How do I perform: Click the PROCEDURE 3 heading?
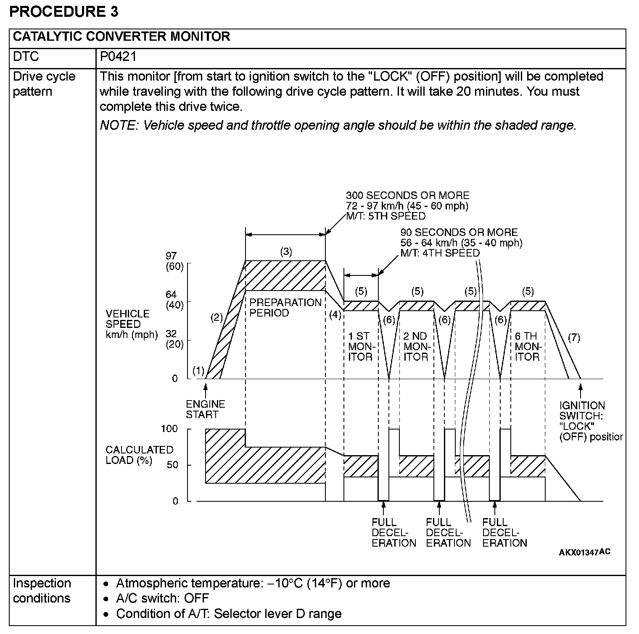click(x=64, y=12)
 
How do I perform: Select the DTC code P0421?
click(x=118, y=57)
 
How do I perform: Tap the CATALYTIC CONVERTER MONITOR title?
click(x=121, y=37)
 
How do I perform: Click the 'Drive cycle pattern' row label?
click(x=44, y=84)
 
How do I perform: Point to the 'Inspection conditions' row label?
click(x=42, y=590)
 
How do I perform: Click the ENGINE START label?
click(x=206, y=409)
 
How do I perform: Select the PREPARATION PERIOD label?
click(x=285, y=308)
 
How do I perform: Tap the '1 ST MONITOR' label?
click(x=360, y=346)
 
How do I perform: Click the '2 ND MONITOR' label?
click(x=415, y=346)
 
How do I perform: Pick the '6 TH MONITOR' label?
click(x=527, y=346)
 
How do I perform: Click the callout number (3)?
click(x=286, y=252)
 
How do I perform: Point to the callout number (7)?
click(x=574, y=338)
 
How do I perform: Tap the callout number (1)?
click(x=198, y=371)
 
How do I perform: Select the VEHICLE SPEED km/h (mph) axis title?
click(x=132, y=324)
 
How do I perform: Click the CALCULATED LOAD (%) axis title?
click(x=139, y=455)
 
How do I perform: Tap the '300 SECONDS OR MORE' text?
click(x=407, y=195)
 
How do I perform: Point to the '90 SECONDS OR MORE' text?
click(x=459, y=232)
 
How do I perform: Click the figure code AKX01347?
click(x=578, y=552)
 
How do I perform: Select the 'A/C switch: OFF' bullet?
click(x=162, y=598)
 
